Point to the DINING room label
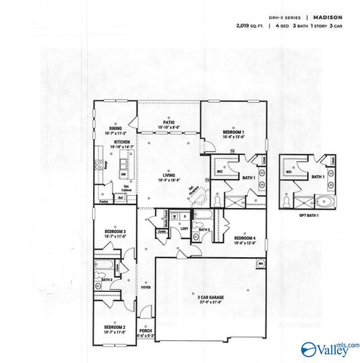tap(114, 129)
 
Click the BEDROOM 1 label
tap(233, 132)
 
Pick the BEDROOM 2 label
tap(114, 326)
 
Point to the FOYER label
tap(145, 287)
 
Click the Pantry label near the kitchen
tap(104, 200)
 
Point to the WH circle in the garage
tap(261, 263)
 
